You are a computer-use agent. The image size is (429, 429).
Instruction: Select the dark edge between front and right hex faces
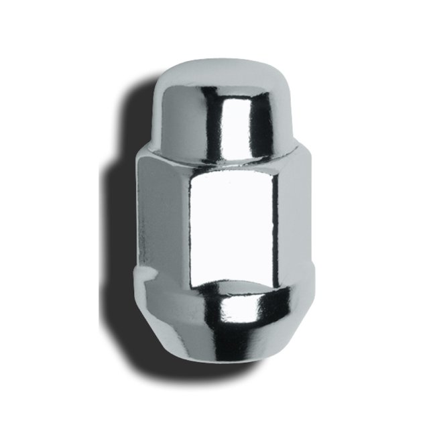coord(276,221)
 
